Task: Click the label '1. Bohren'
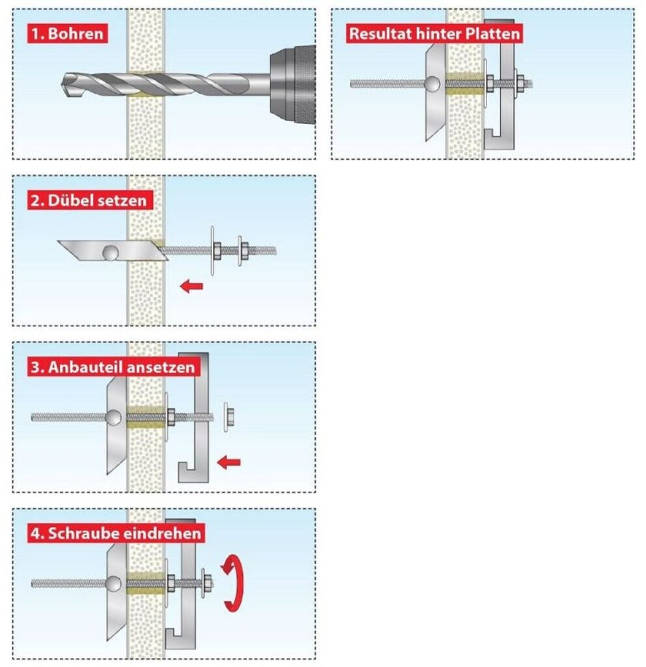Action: [67, 33]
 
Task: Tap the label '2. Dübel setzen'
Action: [89, 200]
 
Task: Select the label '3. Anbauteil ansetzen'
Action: [113, 367]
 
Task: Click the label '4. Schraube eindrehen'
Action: [116, 533]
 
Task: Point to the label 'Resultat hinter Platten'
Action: [434, 33]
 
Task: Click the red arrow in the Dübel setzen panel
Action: [191, 286]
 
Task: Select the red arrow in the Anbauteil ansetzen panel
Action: [229, 462]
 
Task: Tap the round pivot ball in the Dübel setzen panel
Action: [110, 253]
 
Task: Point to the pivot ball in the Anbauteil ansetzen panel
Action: [113, 418]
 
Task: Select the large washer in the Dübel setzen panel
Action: [212, 251]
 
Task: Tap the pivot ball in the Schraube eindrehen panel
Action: [113, 584]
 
